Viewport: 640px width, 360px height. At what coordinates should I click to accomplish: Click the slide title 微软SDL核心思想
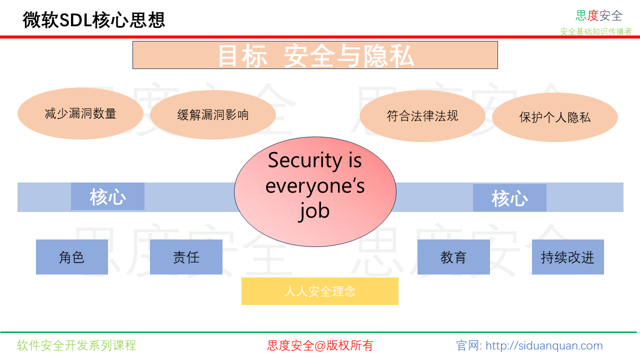click(94, 20)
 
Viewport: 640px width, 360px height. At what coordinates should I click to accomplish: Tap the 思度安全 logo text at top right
click(599, 15)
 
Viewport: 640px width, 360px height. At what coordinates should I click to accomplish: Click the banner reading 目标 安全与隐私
click(315, 55)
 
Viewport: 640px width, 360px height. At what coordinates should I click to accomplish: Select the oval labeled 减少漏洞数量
click(80, 114)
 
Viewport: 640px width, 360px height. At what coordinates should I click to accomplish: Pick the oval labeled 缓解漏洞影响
click(213, 115)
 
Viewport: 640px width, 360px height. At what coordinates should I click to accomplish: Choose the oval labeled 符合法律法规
click(422, 116)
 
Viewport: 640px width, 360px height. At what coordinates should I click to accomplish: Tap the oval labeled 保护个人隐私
click(555, 117)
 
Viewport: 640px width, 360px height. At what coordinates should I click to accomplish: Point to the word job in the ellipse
click(314, 210)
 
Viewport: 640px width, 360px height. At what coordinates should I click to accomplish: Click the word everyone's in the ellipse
click(315, 185)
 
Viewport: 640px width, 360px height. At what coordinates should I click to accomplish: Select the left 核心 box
click(107, 196)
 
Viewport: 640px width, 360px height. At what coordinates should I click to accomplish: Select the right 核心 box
click(509, 198)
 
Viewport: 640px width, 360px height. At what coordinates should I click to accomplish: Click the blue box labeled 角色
click(72, 257)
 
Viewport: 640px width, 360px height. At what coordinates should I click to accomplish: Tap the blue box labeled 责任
click(186, 257)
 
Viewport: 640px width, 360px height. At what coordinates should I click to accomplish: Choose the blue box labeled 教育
click(453, 257)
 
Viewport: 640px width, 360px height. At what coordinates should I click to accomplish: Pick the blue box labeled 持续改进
click(567, 257)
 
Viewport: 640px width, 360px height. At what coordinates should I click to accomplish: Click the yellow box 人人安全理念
click(320, 291)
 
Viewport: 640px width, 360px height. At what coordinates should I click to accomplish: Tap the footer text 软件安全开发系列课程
click(76, 345)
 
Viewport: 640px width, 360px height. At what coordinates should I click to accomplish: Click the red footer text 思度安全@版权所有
click(320, 345)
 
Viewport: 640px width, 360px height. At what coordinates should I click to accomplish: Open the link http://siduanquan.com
click(544, 345)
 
